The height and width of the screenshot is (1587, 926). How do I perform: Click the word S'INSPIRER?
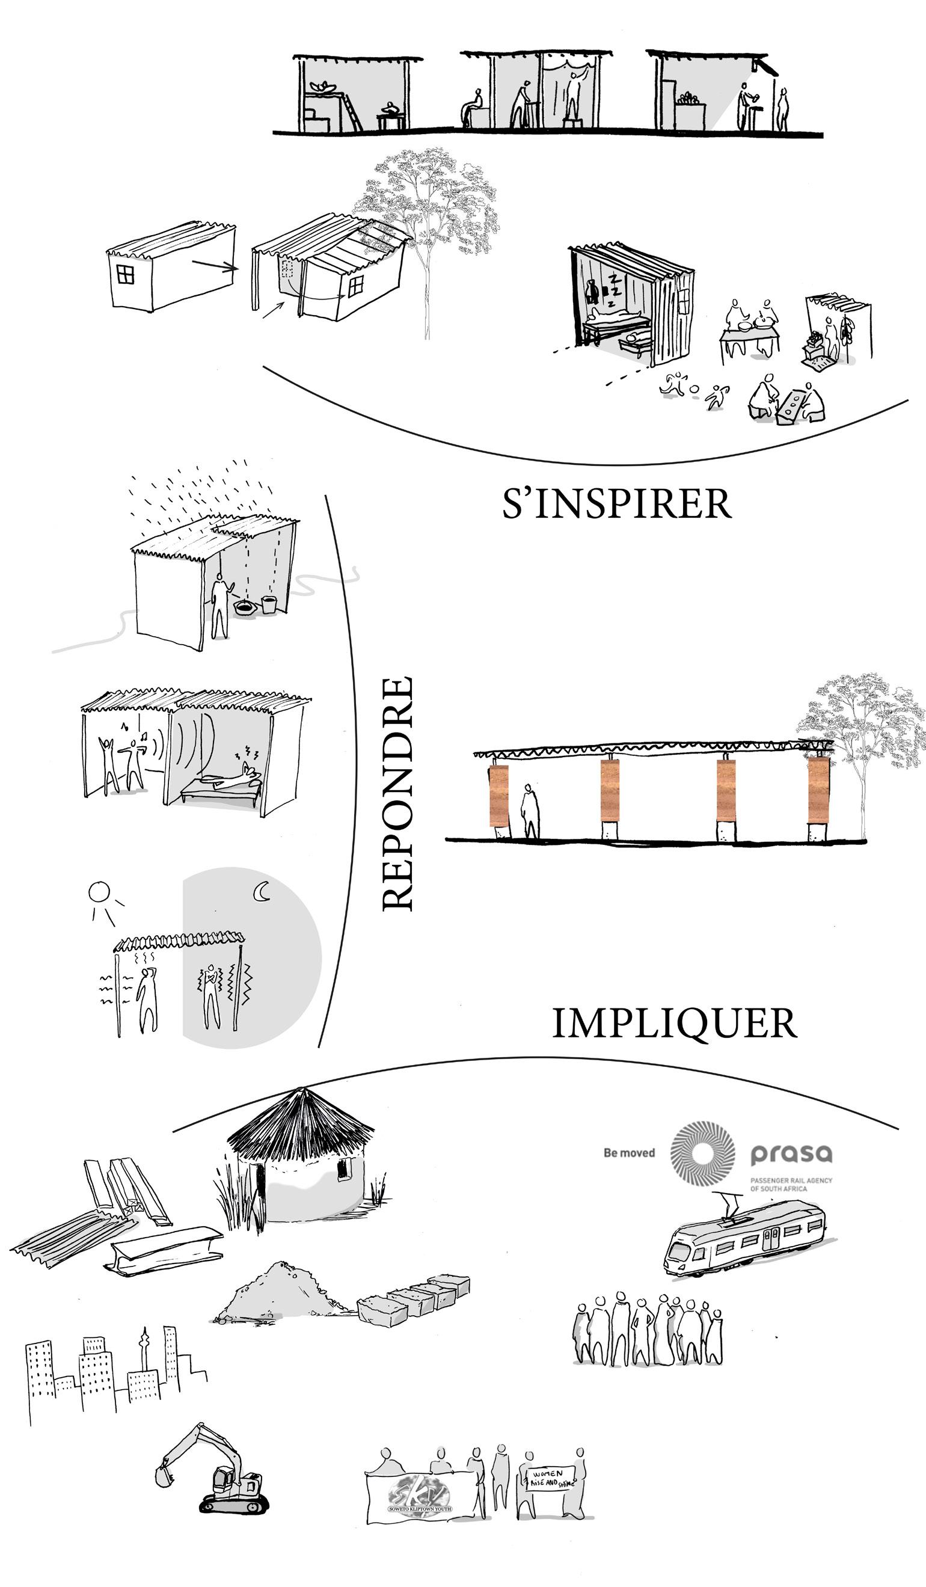click(x=616, y=504)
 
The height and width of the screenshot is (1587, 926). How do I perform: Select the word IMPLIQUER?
click(x=674, y=1024)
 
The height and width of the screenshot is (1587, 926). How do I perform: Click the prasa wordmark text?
click(x=791, y=1154)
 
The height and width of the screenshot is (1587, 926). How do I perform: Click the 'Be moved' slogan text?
click(x=629, y=1153)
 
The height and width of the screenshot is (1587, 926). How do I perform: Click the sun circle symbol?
click(x=99, y=892)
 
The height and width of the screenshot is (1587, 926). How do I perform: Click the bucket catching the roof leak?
click(x=269, y=604)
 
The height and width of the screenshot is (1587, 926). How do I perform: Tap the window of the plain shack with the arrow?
click(x=125, y=274)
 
